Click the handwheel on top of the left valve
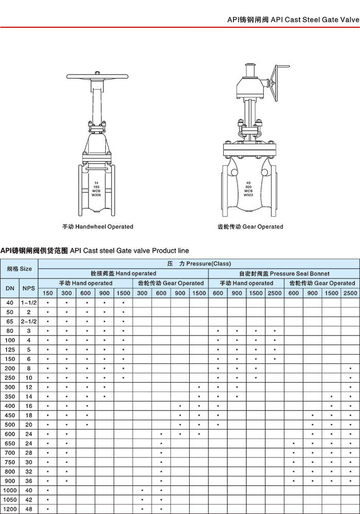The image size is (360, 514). (97, 77)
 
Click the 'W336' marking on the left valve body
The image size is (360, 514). (97, 195)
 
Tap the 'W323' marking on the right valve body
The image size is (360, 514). (248, 195)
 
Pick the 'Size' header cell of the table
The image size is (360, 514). (19, 269)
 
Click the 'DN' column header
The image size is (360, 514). (10, 288)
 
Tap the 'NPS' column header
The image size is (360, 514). (29, 288)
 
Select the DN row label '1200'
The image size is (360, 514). (10, 509)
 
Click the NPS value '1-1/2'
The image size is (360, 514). (29, 303)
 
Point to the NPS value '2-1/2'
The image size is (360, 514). (29, 321)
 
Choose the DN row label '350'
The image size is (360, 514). (10, 397)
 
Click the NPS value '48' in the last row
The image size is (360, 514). (29, 509)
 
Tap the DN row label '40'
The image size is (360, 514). (10, 303)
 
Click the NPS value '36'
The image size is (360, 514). (29, 481)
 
